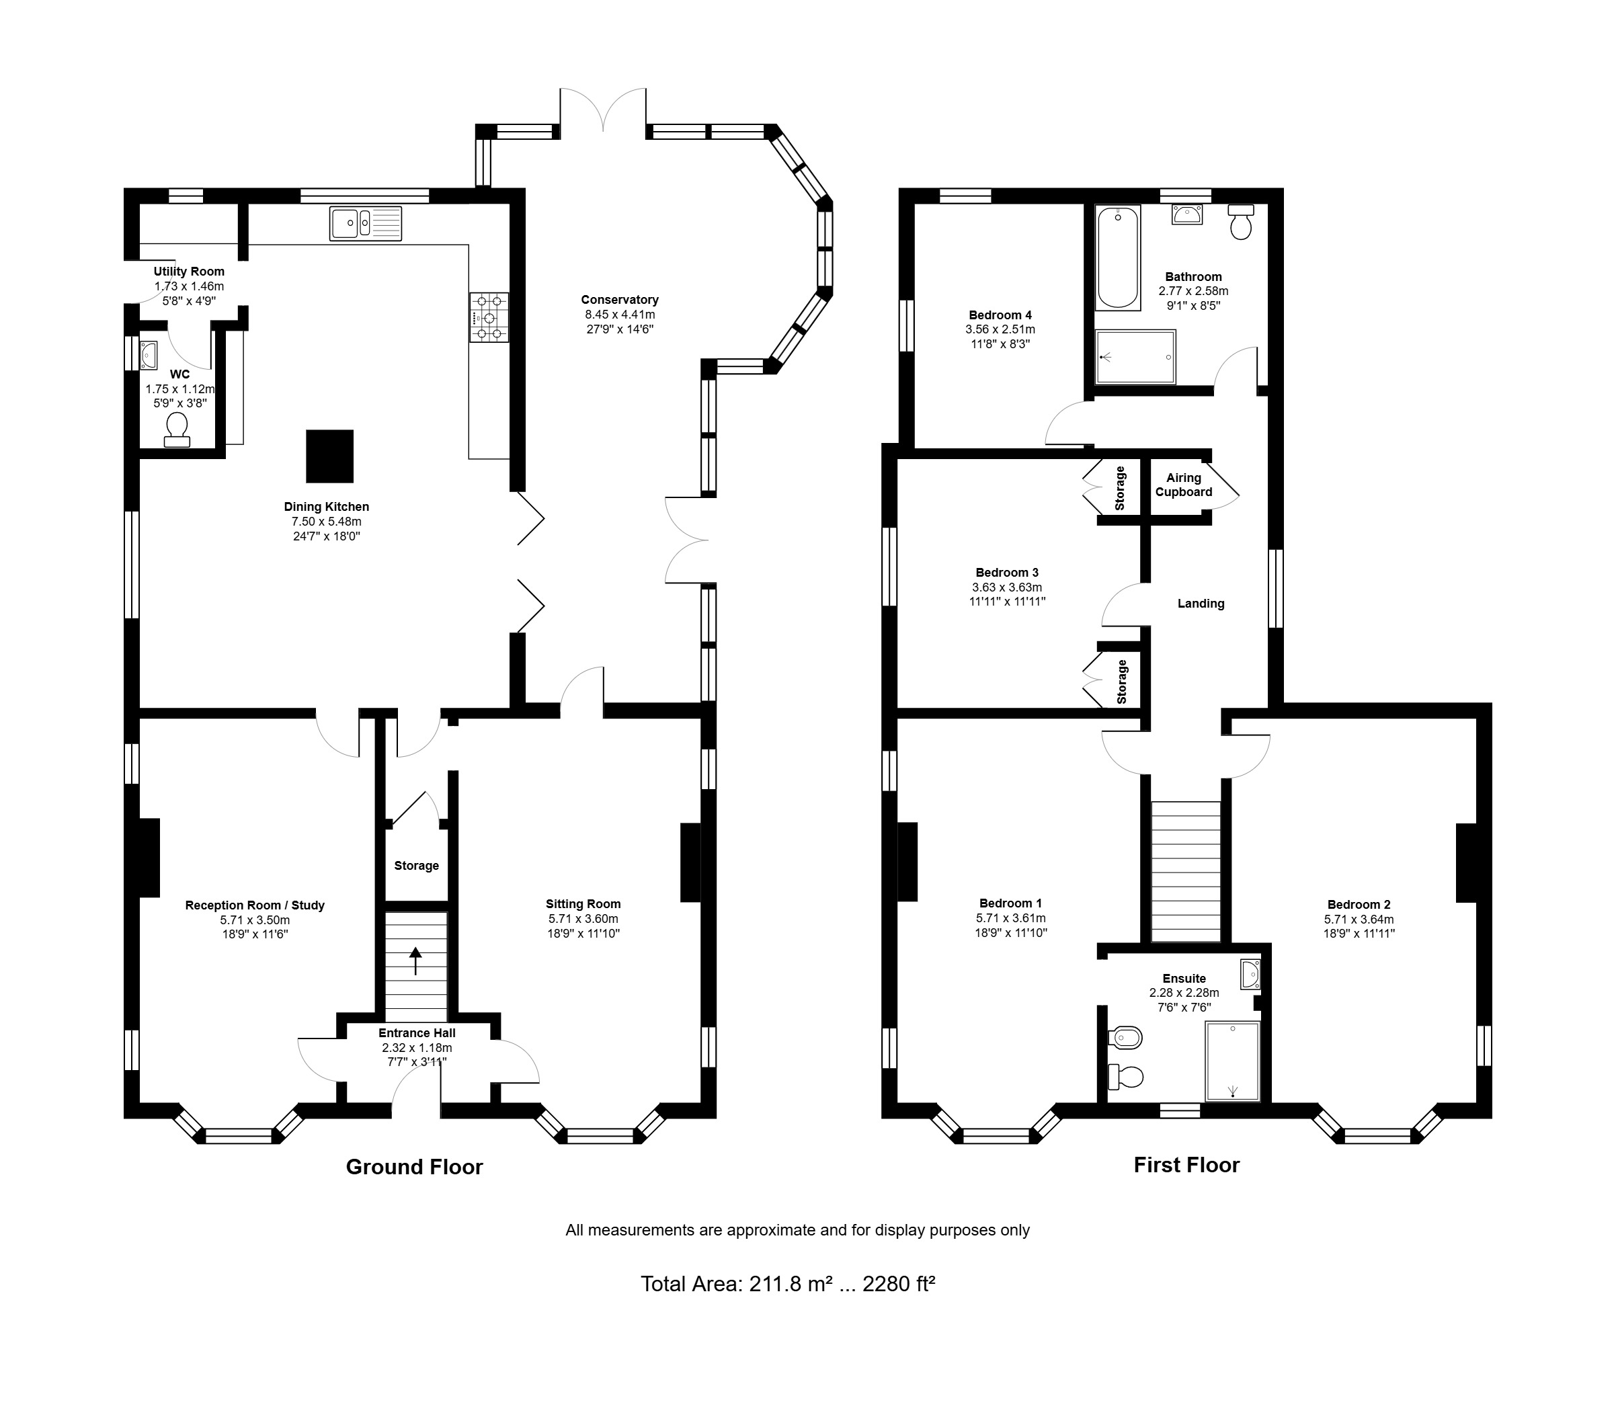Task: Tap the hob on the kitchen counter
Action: [489, 318]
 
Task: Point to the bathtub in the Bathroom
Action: [1118, 257]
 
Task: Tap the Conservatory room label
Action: [620, 300]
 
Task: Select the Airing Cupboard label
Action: [1184, 485]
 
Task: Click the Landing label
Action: [1201, 604]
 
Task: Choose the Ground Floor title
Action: [414, 1167]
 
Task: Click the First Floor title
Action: [1186, 1164]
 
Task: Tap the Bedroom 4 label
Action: [1000, 315]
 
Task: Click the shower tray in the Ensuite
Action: [1231, 1061]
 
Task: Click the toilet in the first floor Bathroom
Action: [1242, 222]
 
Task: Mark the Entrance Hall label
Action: [417, 1033]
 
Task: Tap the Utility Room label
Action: [189, 272]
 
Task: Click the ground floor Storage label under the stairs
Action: [417, 866]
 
